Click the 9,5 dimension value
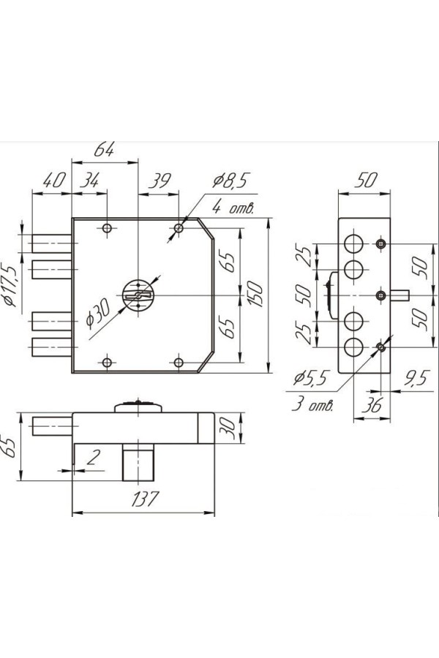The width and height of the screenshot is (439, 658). tap(416, 378)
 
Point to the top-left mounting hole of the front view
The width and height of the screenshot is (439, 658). tap(108, 229)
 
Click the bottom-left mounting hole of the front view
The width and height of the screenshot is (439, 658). tap(108, 362)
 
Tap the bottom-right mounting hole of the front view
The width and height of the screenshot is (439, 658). tap(179, 362)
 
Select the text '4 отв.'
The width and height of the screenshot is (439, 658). tap(233, 208)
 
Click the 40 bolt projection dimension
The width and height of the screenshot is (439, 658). tap(50, 180)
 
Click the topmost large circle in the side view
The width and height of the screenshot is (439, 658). tap(353, 243)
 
